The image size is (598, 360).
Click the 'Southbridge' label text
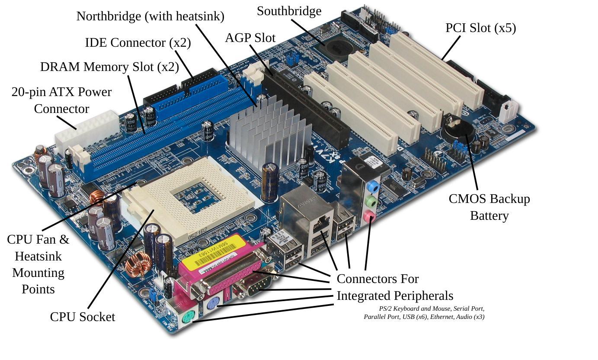tap(289, 11)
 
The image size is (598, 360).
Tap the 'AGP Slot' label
tap(250, 38)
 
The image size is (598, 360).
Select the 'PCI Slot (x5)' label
tap(480, 28)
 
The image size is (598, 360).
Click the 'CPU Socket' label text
tap(82, 317)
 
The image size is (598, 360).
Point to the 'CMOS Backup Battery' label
tap(489, 207)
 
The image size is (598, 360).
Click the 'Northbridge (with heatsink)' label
tap(150, 16)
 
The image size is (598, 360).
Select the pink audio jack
tap(368, 216)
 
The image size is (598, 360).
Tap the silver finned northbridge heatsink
tap(270, 130)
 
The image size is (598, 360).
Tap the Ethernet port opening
tap(320, 224)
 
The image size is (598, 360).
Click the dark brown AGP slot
tap(311, 108)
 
